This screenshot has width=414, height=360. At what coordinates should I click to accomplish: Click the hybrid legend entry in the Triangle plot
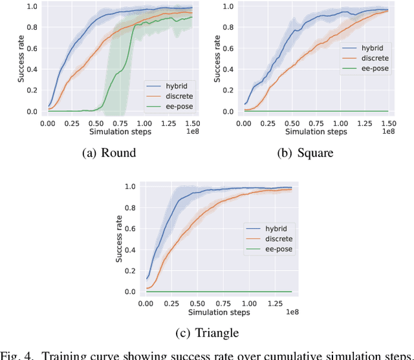coord(270,228)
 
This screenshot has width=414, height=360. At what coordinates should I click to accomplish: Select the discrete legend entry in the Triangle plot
coord(272,238)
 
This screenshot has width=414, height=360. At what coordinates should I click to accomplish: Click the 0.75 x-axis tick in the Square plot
coord(316,122)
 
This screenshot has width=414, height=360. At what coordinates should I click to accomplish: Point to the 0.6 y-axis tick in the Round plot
coord(32,48)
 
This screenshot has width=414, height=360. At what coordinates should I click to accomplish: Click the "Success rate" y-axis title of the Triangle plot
coord(119,238)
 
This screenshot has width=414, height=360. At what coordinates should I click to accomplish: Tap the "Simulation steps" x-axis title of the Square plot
coord(316,131)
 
